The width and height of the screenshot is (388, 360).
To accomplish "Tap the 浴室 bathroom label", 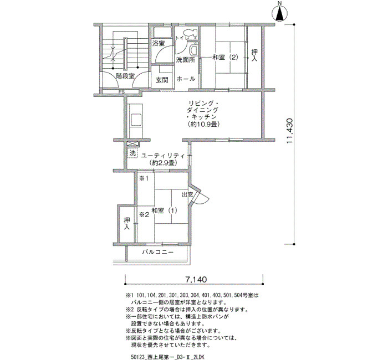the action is [159, 44].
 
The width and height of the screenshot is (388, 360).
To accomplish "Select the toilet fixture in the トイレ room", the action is [190, 33].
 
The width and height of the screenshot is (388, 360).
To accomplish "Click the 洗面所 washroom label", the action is [185, 60].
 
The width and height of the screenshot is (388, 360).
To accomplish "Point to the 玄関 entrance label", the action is [162, 80].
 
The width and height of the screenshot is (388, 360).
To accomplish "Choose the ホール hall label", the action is [186, 79].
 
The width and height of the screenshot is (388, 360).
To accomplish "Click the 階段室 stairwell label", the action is [125, 76].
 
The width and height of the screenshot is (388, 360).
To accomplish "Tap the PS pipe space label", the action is [121, 92].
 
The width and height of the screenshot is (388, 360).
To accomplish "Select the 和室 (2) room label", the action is [225, 58].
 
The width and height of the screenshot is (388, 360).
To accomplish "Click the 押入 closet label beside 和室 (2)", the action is [254, 55].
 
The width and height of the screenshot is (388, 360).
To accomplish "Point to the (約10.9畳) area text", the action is [203, 124].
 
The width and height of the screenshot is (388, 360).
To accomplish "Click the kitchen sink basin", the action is [136, 120].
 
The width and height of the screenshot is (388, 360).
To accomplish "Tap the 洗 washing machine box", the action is [132, 153].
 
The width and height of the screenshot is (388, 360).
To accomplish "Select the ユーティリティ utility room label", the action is [163, 156].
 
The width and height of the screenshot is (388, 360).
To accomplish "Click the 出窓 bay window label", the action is [187, 194].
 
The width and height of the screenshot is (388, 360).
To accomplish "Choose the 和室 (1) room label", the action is [164, 210].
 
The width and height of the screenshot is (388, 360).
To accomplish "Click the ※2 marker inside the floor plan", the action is [144, 215].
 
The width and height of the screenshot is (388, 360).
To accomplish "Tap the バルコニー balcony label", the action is [157, 252].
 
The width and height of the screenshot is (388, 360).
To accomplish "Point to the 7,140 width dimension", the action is [196, 280].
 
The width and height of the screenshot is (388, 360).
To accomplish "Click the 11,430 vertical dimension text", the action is [289, 131].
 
